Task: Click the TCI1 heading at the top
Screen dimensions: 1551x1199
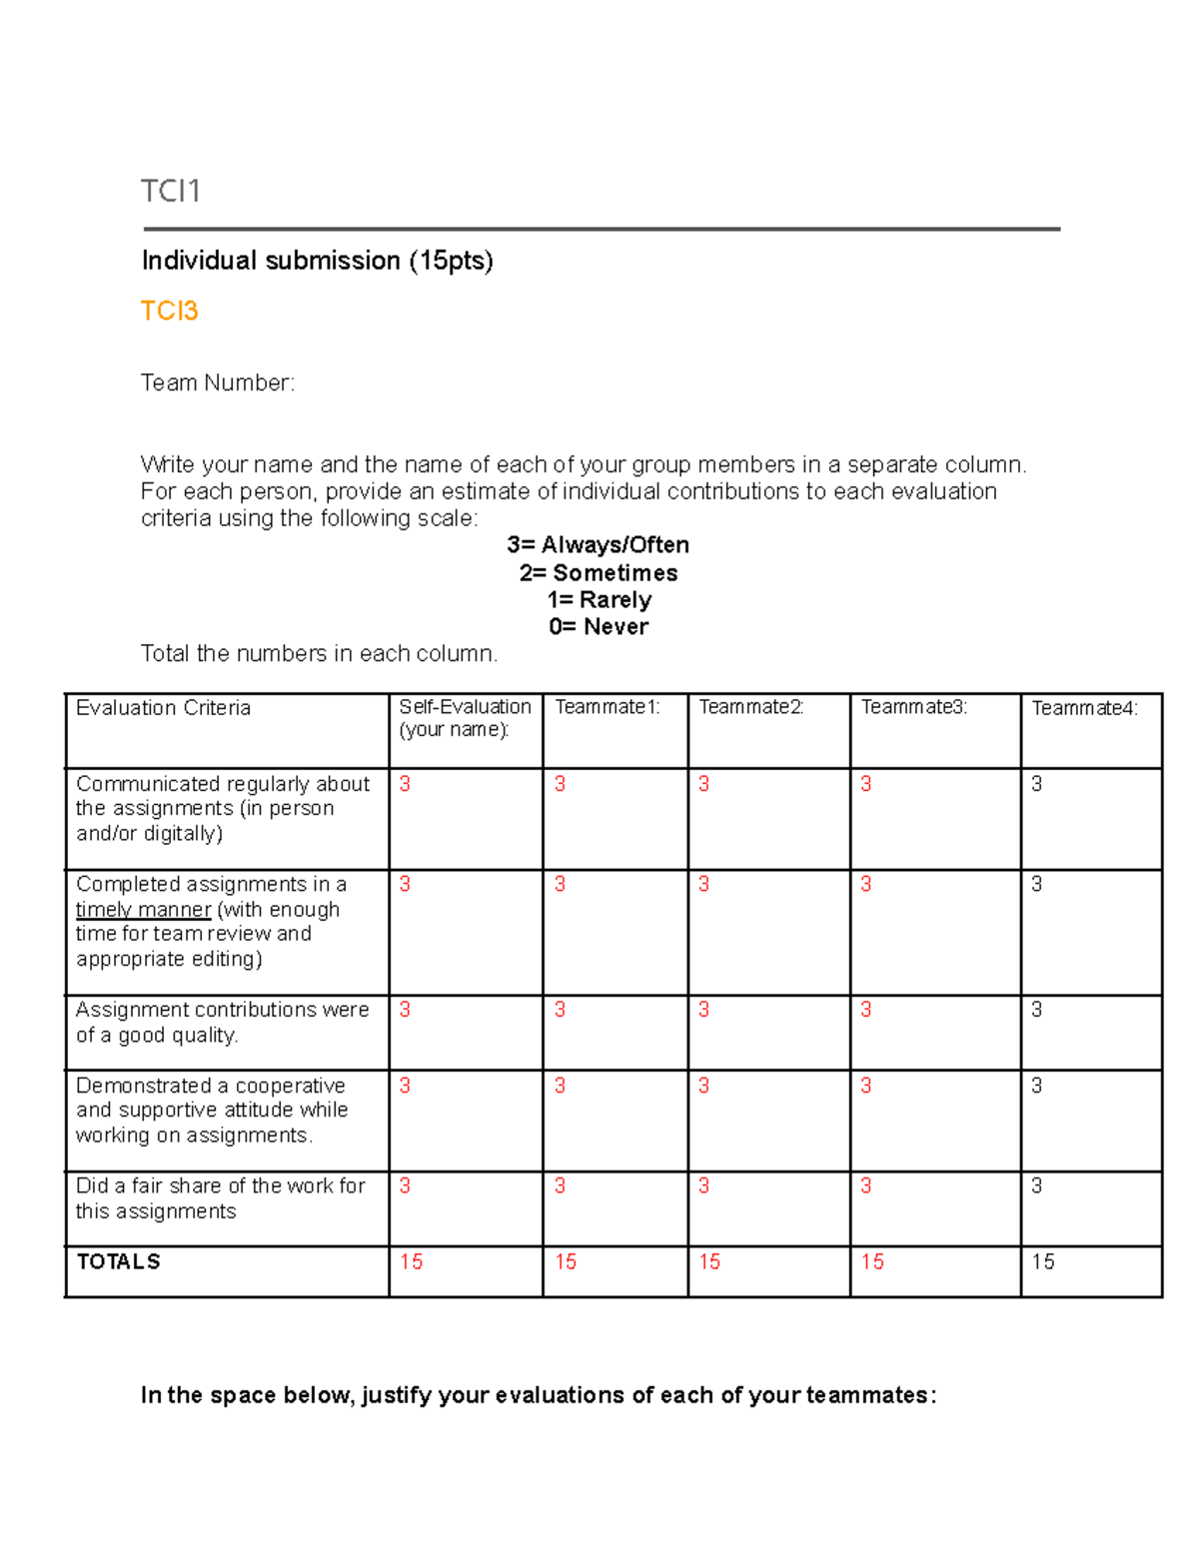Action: pos(171,191)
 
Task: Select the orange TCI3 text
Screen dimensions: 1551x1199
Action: pos(169,312)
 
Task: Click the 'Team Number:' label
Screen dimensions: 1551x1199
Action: pos(218,383)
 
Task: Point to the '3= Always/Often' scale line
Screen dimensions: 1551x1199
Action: pos(598,545)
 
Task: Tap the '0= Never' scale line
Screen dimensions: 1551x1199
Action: pos(599,627)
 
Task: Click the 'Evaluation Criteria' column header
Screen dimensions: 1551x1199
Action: pos(163,708)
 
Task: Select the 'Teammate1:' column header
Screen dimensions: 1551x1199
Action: pos(606,707)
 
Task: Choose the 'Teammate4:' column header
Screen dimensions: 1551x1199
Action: pos(1084,708)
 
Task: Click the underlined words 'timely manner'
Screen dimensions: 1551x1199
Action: pos(143,910)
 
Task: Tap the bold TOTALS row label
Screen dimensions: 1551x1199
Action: pos(118,1262)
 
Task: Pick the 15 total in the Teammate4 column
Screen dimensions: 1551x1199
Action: pos(1043,1262)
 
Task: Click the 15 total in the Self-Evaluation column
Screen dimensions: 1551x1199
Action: pos(411,1262)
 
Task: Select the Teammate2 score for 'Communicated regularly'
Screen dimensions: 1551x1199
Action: pos(703,784)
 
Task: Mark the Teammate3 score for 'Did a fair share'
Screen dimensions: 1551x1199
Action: pos(865,1185)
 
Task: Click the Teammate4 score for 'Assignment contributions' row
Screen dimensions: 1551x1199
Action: pos(1036,1010)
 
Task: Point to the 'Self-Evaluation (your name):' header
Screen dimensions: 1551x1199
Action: pos(465,718)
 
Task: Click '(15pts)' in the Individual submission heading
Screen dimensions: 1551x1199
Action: pos(450,261)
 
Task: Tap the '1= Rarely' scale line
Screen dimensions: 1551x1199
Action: pos(599,600)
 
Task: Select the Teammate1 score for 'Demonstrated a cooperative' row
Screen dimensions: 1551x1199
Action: pos(560,1086)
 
